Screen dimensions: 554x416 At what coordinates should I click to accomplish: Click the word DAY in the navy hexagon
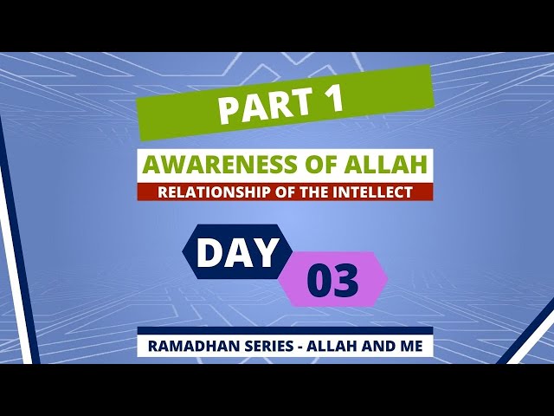coord(236,252)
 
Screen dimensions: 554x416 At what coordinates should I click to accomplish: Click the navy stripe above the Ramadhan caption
coord(285,330)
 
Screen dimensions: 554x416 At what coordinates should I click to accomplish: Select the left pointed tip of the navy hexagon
coord(183,251)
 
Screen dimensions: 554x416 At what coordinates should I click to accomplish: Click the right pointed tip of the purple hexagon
coord(388,279)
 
